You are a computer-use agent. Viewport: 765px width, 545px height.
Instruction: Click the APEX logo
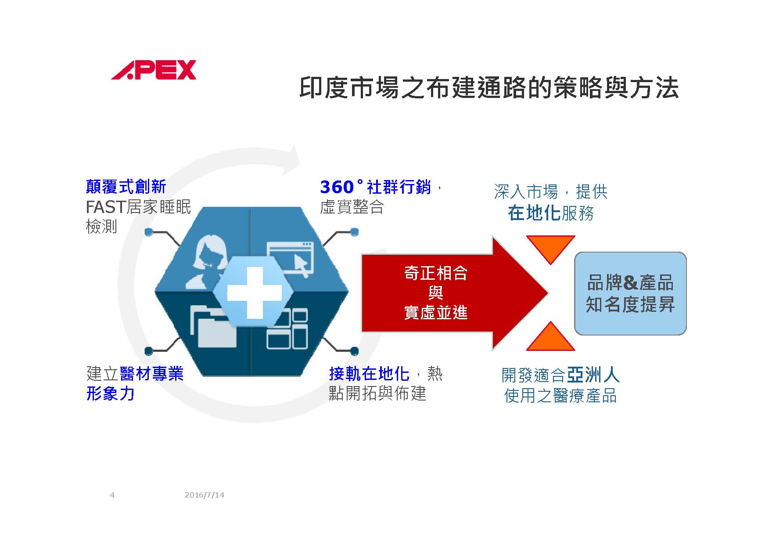tap(153, 70)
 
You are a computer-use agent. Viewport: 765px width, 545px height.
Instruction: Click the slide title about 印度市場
tap(489, 87)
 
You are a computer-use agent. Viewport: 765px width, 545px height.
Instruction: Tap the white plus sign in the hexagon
tap(254, 292)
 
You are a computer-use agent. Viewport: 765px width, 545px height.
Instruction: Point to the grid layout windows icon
tap(287, 329)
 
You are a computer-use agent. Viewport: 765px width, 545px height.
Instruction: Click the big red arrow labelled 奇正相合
tap(454, 293)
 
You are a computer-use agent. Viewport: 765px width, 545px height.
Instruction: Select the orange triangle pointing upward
tap(550, 336)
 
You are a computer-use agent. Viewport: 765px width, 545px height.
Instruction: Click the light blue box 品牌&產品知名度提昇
tap(630, 293)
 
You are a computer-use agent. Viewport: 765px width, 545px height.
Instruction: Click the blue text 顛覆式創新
tap(126, 187)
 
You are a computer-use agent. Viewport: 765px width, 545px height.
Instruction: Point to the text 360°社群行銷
tap(376, 187)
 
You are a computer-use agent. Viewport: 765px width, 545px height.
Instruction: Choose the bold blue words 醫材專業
tap(151, 374)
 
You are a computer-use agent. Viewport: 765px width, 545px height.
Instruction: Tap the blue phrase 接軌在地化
tap(369, 374)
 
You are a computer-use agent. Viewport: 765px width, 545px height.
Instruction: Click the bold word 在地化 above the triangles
tap(534, 213)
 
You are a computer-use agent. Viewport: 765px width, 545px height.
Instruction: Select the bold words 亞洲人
tap(593, 375)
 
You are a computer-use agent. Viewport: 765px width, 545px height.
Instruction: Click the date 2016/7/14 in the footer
tap(205, 495)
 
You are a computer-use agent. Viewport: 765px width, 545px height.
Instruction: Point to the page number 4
tap(112, 495)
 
